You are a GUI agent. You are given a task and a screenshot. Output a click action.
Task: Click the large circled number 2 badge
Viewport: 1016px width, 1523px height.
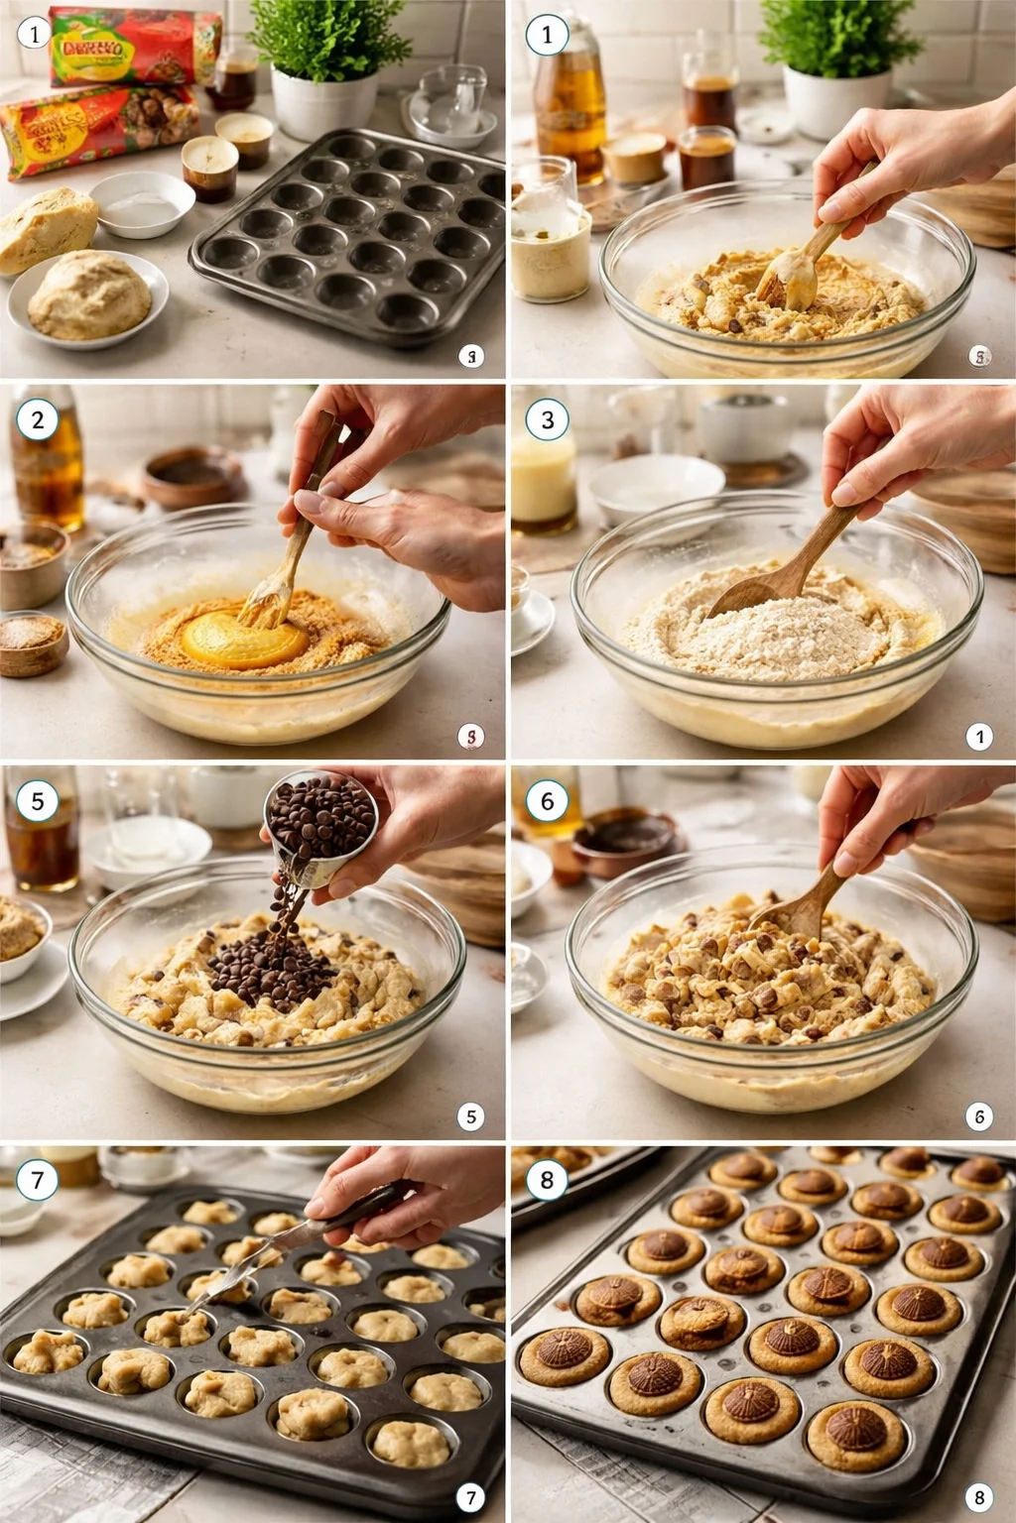[38, 419]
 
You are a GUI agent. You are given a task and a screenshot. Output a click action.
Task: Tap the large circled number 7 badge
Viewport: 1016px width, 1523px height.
[38, 1180]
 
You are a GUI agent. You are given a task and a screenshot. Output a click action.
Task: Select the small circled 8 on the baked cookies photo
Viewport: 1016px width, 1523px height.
[978, 1497]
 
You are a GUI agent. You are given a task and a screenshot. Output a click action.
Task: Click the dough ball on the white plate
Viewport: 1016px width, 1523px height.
[89, 295]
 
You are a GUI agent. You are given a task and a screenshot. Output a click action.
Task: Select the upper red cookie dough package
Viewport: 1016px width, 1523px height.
[134, 46]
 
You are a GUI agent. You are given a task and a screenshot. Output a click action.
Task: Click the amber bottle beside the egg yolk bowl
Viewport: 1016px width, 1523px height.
[47, 461]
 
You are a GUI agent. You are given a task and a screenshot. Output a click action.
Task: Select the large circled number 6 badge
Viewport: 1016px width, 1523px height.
[547, 800]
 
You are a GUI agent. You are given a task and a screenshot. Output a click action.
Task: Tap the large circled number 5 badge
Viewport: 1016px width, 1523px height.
[38, 800]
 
